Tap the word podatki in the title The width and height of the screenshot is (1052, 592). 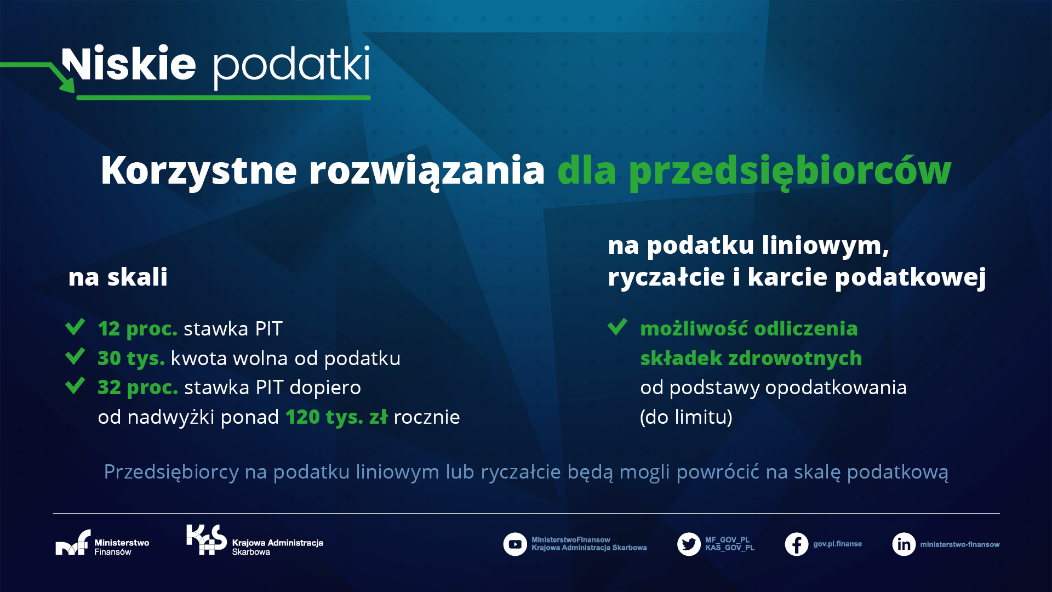(291, 67)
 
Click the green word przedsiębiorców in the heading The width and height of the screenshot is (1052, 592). (790, 171)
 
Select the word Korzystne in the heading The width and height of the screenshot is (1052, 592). (199, 171)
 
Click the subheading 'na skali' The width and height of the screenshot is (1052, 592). (118, 277)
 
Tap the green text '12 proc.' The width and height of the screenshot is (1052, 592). (138, 329)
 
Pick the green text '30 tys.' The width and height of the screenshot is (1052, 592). (131, 358)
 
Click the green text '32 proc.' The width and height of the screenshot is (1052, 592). (138, 388)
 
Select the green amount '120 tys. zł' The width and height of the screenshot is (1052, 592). (336, 417)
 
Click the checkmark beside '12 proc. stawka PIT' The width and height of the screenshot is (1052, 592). (75, 327)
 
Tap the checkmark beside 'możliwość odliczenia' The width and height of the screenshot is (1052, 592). (618, 327)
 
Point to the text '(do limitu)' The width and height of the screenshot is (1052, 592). (686, 417)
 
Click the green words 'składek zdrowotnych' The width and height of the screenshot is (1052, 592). (751, 358)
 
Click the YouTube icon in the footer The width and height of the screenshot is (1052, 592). (515, 544)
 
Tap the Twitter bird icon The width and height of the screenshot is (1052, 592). (689, 544)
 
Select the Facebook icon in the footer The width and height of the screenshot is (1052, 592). (797, 544)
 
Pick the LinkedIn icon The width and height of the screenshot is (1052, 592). (904, 544)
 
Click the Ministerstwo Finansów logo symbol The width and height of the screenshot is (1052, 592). (73, 543)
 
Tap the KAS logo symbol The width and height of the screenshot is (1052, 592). (207, 539)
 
